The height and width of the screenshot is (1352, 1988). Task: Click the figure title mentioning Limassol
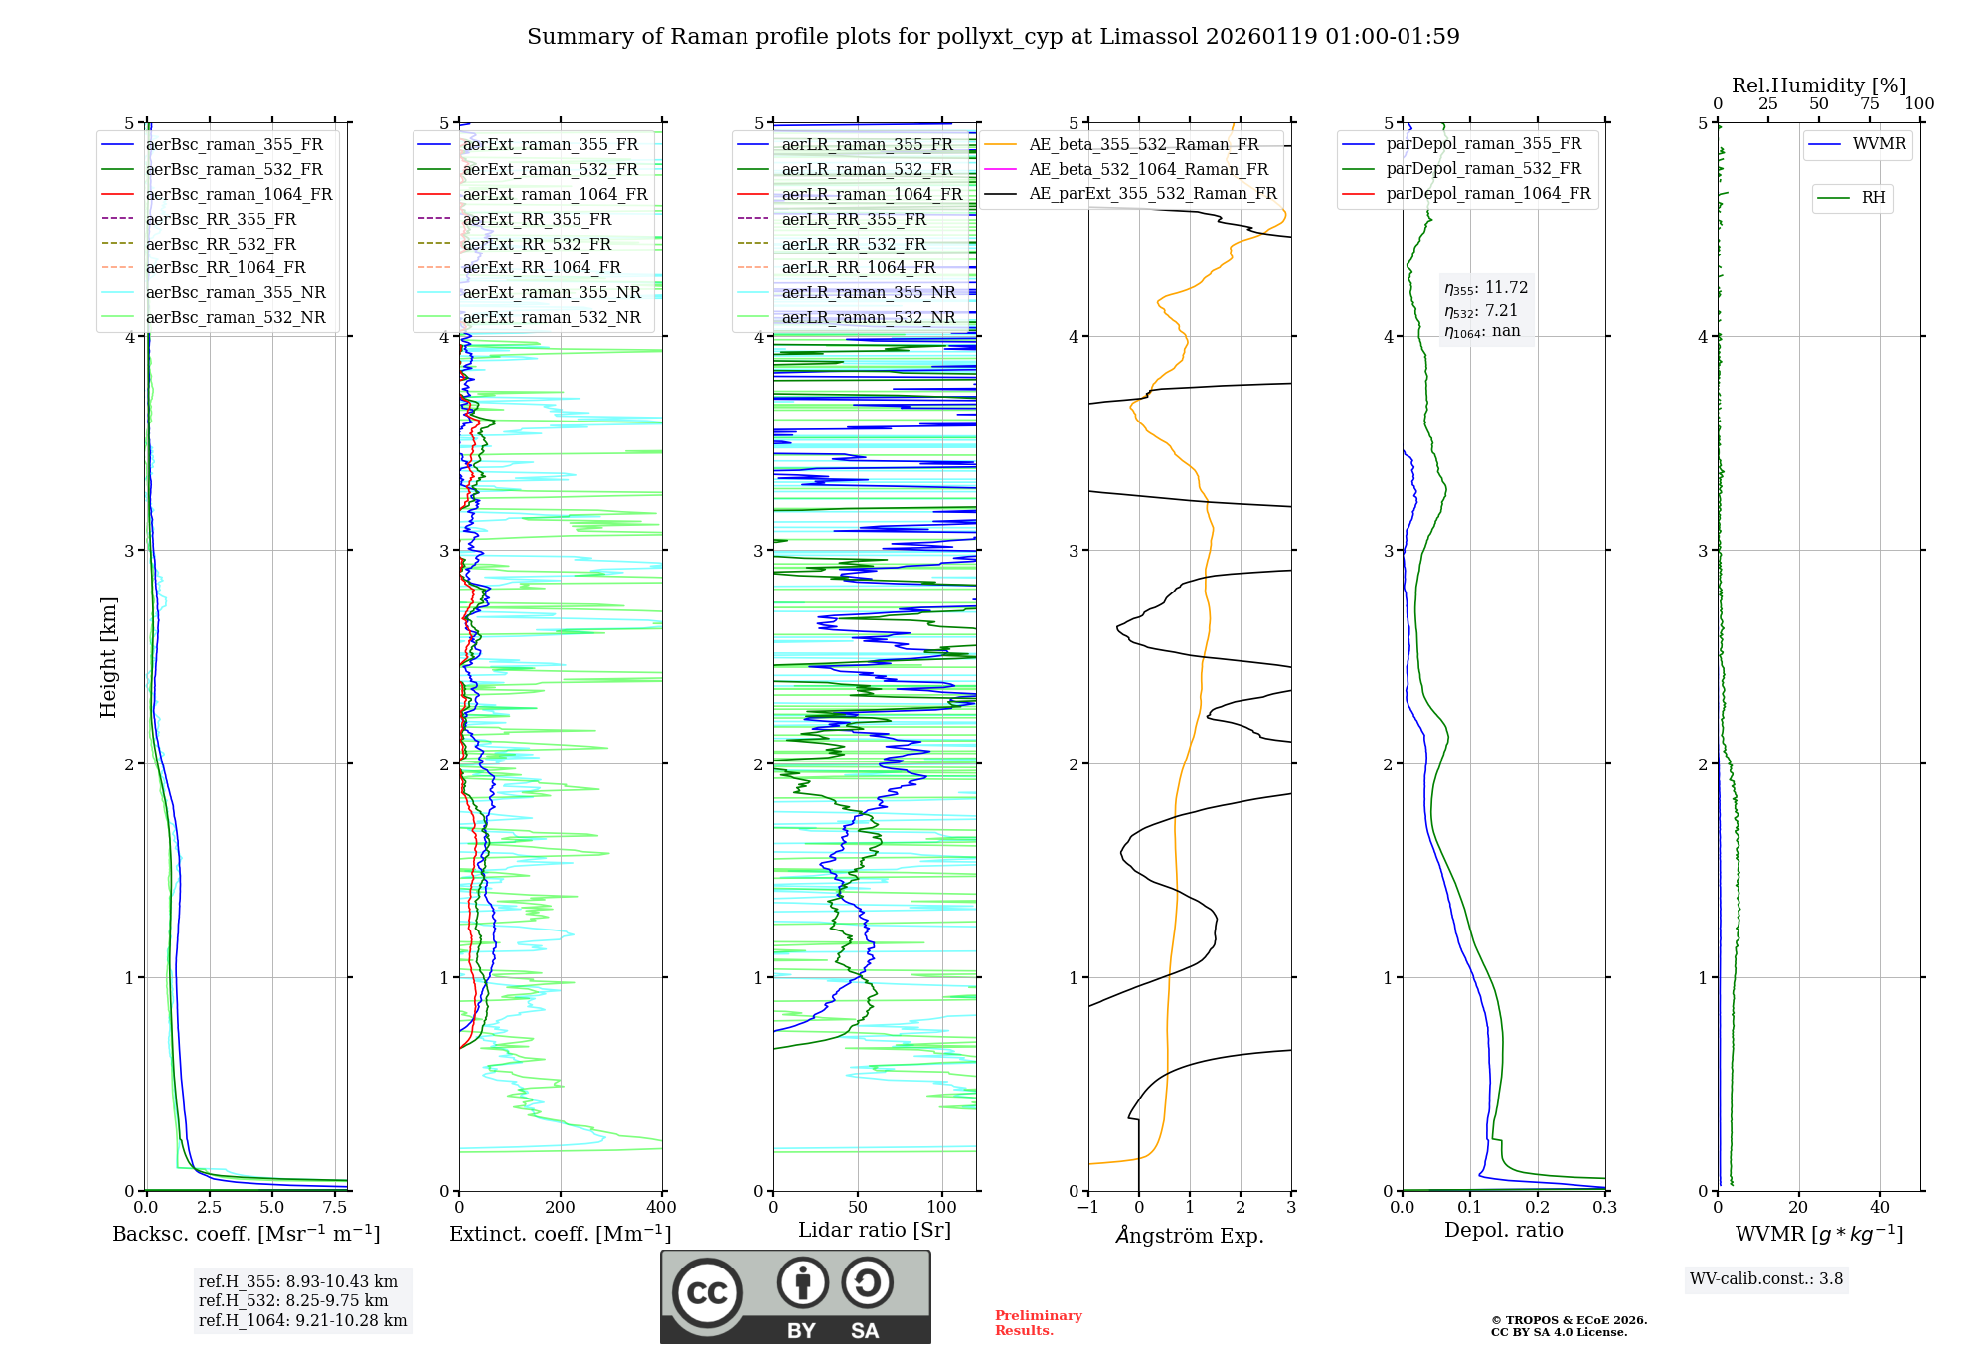(x=993, y=37)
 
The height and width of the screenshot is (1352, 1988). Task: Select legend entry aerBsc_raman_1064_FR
(x=239, y=194)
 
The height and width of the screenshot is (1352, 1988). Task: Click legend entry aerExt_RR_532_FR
(x=537, y=244)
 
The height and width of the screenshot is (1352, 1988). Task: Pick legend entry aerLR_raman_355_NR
(x=868, y=292)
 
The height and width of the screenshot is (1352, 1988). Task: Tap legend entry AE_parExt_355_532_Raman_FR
(x=1153, y=193)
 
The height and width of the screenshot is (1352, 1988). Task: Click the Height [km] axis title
(x=108, y=656)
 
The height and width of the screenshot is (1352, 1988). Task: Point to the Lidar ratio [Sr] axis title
(x=875, y=1230)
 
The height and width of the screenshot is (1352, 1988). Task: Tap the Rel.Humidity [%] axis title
(x=1818, y=85)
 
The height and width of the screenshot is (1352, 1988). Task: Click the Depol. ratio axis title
(x=1503, y=1230)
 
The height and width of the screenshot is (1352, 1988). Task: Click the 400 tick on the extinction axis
(x=662, y=1208)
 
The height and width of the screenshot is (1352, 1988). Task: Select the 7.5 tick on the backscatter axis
(x=335, y=1208)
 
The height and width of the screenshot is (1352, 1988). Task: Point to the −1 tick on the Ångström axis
(x=1088, y=1208)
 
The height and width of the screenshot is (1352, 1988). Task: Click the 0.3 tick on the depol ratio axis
(x=1604, y=1208)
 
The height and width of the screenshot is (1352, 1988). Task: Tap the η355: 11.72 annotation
(x=1486, y=288)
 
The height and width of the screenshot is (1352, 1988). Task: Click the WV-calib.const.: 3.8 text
(x=1766, y=1279)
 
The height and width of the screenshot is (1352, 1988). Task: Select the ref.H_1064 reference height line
(x=302, y=1321)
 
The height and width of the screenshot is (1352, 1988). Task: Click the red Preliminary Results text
(x=1038, y=1323)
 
